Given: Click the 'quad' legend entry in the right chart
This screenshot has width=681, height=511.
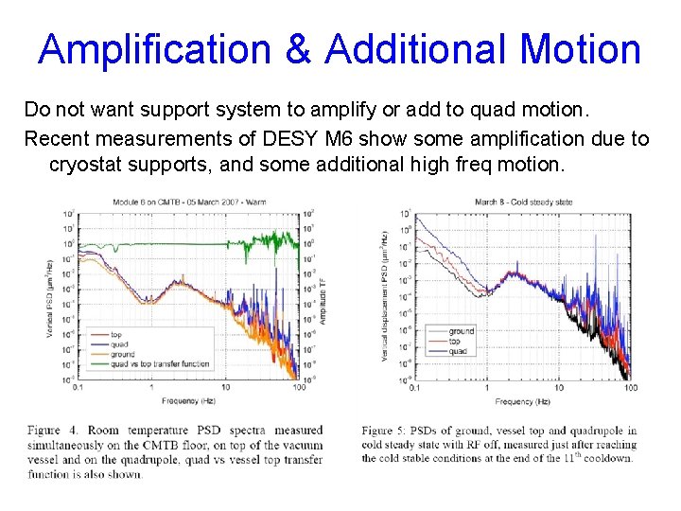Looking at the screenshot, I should tap(458, 351).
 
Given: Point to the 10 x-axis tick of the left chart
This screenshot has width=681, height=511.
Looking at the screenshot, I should tap(225, 387).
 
